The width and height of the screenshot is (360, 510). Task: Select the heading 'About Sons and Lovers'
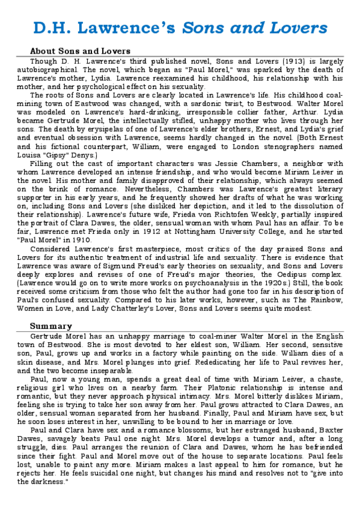tap(80, 51)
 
